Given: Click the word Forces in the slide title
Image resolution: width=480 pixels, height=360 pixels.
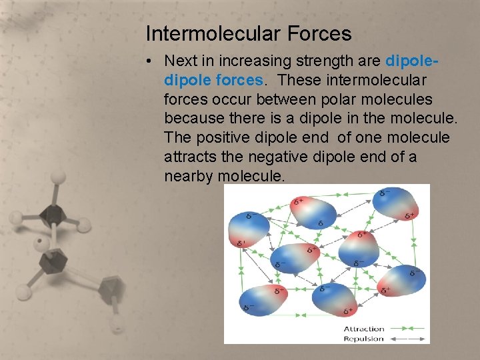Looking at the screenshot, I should (x=319, y=33).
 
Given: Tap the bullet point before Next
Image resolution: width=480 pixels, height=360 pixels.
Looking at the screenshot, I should (x=153, y=61).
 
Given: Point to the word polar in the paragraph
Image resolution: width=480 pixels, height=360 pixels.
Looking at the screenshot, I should (x=363, y=99).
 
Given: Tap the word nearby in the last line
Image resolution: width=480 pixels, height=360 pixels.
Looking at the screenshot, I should (x=189, y=177).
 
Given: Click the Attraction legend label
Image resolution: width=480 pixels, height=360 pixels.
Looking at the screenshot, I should (x=364, y=329).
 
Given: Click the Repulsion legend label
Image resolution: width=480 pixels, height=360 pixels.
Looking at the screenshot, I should (x=364, y=339).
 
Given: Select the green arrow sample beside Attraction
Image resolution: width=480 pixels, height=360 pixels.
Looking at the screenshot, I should (x=406, y=329).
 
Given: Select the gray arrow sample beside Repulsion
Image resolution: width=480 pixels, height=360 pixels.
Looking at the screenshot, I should (x=406, y=339).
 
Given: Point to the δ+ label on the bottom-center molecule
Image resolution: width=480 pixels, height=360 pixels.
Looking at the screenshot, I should (x=348, y=311).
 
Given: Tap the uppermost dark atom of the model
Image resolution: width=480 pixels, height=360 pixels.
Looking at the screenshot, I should (x=51, y=214).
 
